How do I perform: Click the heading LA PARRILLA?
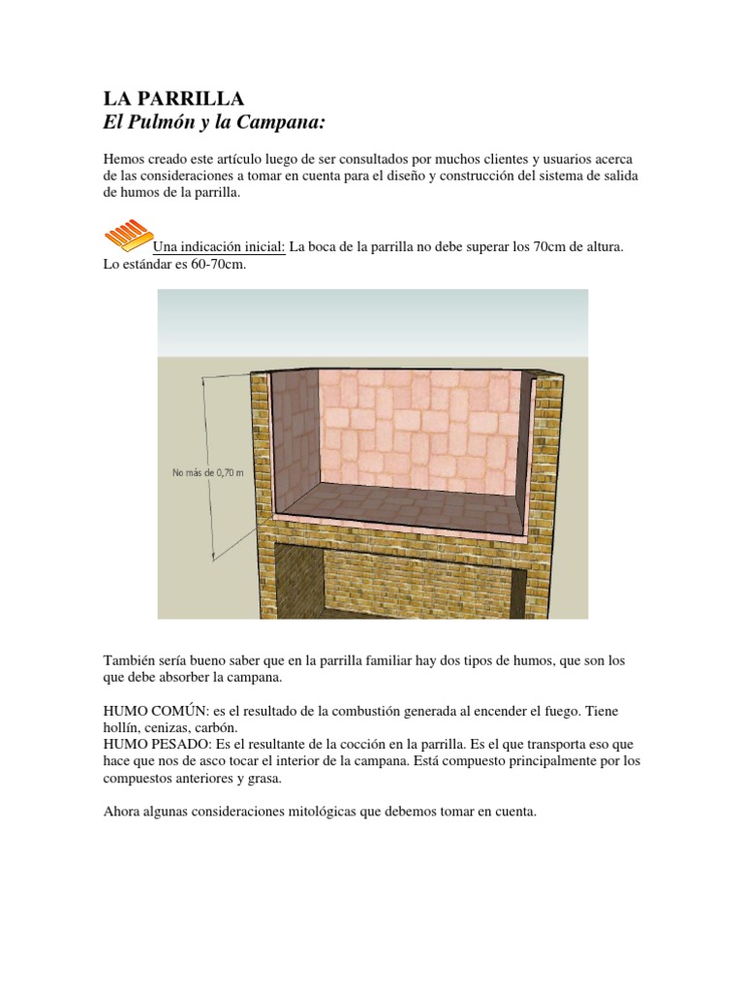(x=173, y=99)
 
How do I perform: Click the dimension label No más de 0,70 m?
(x=207, y=473)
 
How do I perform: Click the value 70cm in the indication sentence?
(x=548, y=247)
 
